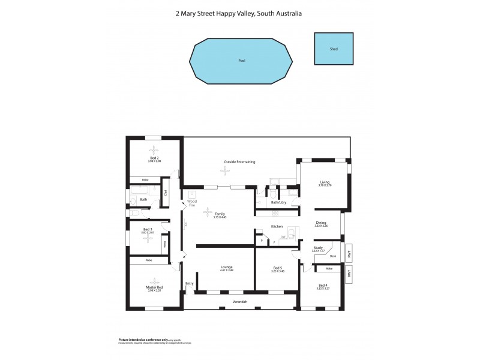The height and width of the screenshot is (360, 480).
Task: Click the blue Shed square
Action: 334,49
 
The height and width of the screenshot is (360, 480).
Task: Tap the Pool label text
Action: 242,61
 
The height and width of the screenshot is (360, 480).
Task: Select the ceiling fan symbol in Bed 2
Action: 154,150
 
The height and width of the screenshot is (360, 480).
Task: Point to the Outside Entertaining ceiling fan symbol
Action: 225,171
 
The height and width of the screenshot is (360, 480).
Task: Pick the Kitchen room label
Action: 277,226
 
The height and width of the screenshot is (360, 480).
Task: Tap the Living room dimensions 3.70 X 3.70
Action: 325,185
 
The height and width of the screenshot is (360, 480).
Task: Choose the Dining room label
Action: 321,223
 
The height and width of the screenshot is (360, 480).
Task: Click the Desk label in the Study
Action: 333,256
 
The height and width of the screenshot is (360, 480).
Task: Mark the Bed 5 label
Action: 278,268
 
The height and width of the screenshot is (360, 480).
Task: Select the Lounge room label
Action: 226,267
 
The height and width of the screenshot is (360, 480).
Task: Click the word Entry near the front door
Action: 190,283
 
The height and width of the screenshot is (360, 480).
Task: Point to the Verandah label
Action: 240,301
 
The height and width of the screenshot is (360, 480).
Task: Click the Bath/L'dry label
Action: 278,203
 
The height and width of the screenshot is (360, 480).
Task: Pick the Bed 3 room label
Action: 147,229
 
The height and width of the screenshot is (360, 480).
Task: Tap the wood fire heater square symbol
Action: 193,194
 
